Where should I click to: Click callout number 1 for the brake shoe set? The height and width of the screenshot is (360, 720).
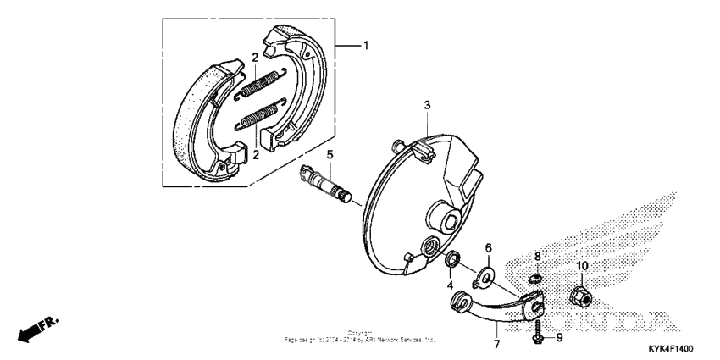click(x=366, y=46)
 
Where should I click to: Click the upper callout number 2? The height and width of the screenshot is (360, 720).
click(x=254, y=58)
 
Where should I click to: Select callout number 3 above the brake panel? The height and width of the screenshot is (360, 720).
click(x=427, y=104)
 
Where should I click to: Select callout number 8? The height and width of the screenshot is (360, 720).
click(x=536, y=255)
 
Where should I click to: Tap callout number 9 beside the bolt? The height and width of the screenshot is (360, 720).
click(x=559, y=337)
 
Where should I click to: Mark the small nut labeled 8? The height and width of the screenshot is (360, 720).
click(x=535, y=277)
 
